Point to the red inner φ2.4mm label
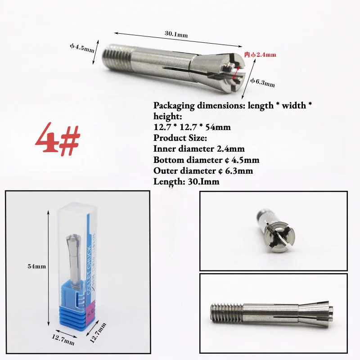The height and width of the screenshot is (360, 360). click(x=260, y=54)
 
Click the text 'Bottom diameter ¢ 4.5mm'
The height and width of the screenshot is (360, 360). click(x=206, y=160)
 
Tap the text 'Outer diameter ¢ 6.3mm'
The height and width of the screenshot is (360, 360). click(x=204, y=171)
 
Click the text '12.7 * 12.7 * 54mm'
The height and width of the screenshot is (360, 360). click(x=192, y=127)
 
